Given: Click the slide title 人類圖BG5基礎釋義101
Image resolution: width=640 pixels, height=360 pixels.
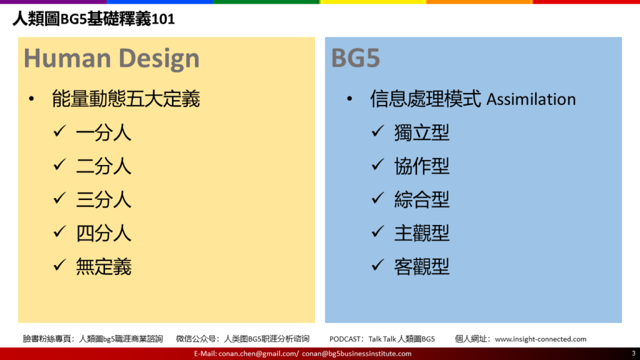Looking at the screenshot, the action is pos(94,19).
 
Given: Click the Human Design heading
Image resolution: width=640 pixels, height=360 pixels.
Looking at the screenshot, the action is pos(111,58).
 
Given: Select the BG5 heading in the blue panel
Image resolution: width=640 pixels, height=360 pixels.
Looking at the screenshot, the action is pos(356,58).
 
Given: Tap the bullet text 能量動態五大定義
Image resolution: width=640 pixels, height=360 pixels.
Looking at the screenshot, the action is pos(126,99).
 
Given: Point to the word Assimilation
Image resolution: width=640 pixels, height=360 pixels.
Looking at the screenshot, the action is pos(531,99).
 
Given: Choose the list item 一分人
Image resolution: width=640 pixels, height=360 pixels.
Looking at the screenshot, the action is pos(104,132).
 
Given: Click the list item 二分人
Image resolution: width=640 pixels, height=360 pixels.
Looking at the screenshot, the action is pos(104,166).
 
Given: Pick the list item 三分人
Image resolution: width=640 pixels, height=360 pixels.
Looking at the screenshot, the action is pos(104,199).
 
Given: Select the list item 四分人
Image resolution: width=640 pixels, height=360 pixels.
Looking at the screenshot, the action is pos(104,233).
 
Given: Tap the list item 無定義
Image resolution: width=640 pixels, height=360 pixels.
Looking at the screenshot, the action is pos(104,266).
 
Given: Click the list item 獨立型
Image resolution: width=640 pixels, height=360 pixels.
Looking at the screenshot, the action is pos(422,132).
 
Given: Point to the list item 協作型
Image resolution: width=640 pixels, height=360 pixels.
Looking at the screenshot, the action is pos(422,166).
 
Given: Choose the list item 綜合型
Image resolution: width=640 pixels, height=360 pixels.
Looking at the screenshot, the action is pos(422,199).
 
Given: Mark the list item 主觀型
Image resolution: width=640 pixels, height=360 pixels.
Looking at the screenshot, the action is pos(422,233).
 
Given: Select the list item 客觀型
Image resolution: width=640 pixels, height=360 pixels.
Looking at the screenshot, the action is pos(422,266).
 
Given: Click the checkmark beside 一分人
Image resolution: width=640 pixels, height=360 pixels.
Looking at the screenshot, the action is pos(59,131).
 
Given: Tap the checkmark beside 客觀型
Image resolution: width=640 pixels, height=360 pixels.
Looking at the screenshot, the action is pos(377,265).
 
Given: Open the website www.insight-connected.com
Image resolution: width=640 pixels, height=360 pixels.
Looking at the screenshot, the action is pos(541,339).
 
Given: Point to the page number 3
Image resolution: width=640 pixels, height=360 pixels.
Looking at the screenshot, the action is pos(634,354).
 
